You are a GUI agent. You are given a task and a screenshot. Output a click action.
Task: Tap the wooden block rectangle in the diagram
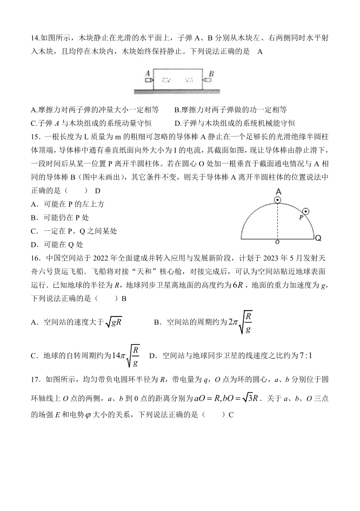179,79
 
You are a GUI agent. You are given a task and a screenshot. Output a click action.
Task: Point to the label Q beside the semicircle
318,238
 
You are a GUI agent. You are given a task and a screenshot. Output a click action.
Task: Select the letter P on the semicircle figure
301,217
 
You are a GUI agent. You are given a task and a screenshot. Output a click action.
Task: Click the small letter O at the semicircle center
277,243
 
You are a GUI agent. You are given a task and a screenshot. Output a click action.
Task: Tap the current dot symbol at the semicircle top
277,200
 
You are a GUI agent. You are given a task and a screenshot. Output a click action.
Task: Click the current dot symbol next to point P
306,211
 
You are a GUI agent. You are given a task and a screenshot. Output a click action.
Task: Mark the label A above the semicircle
278,192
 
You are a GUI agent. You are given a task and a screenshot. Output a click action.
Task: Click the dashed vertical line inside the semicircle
277,221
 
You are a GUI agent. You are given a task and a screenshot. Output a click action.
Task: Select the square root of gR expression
114,322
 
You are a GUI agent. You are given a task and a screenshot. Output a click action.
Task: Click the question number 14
35,37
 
